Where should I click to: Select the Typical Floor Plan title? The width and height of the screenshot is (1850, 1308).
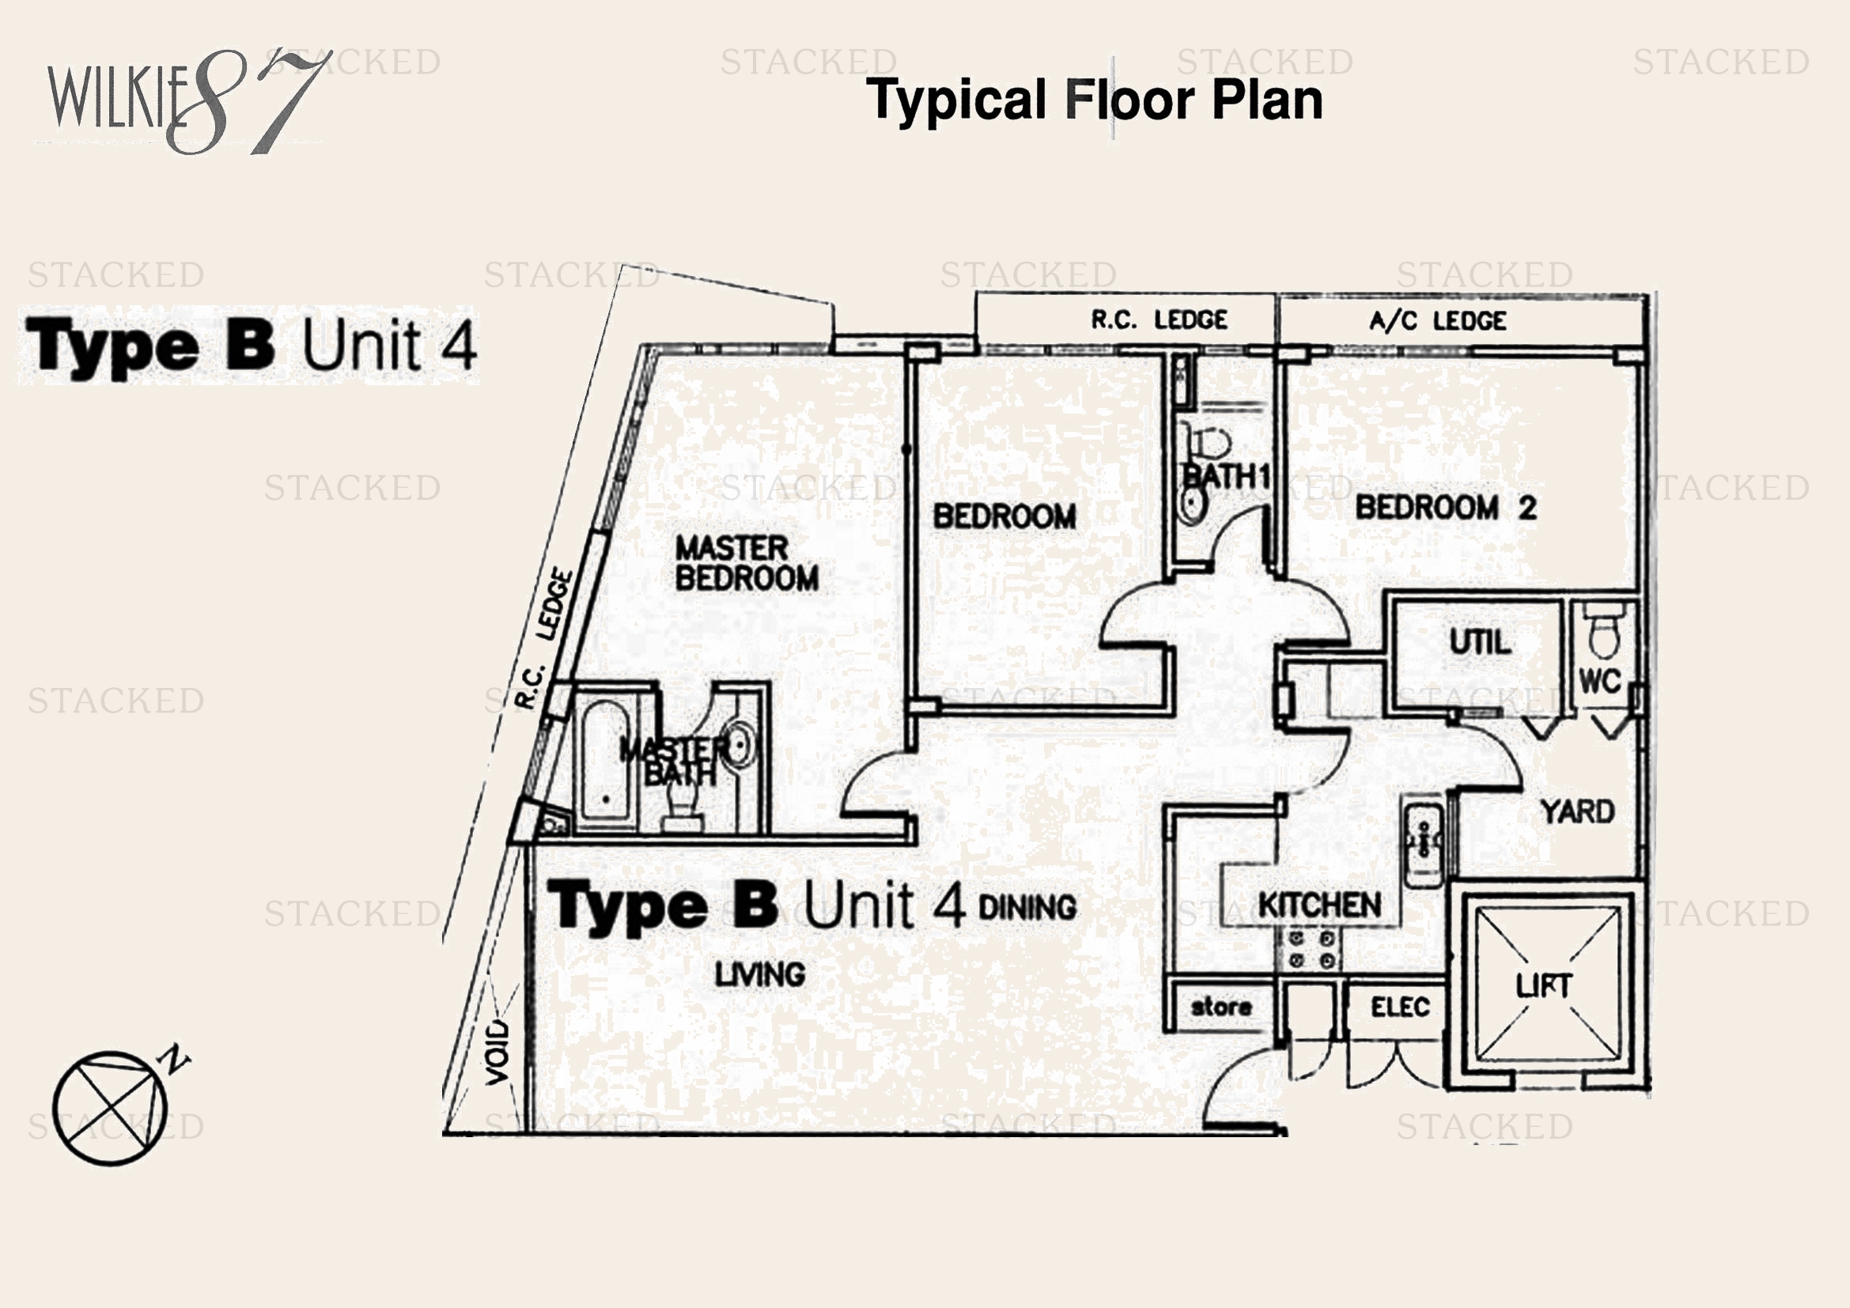(x=1093, y=100)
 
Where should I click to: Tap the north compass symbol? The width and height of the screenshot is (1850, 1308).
(x=113, y=1106)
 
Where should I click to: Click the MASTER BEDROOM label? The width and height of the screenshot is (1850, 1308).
(x=745, y=563)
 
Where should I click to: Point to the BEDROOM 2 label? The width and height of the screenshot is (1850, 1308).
(x=1446, y=508)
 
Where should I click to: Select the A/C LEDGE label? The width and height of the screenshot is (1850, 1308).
(x=1437, y=321)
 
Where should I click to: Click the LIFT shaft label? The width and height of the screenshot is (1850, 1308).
(x=1543, y=986)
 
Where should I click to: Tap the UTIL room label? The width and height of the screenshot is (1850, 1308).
(x=1479, y=643)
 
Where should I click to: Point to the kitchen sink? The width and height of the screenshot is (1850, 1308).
(x=1424, y=841)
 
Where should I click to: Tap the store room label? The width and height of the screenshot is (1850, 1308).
(x=1220, y=1007)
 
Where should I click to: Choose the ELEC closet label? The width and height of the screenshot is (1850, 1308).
(x=1400, y=1007)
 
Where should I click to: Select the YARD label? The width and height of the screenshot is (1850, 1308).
(x=1577, y=812)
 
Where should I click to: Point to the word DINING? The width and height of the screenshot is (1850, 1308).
(x=1027, y=908)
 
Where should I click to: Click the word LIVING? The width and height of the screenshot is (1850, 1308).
(x=760, y=974)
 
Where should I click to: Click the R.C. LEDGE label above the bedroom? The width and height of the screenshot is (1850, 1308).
(x=1159, y=319)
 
